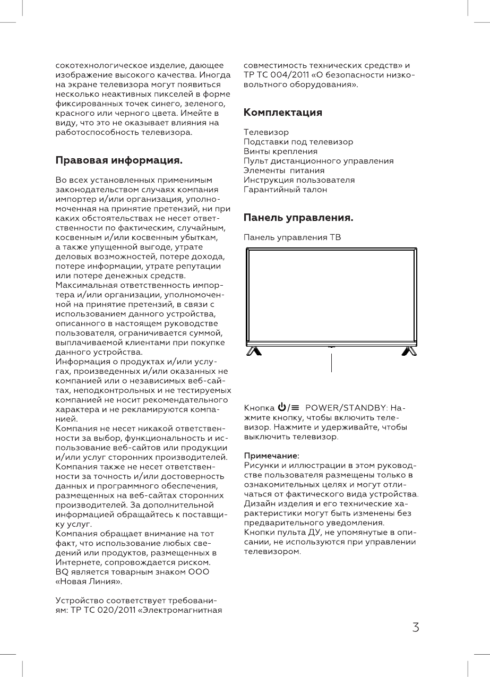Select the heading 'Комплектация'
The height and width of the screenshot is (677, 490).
pyautogui.click(x=282, y=113)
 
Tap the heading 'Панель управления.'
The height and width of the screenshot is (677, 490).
pyautogui.click(x=298, y=218)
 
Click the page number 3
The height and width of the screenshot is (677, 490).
pyautogui.click(x=416, y=628)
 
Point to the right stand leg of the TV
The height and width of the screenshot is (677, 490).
pyautogui.click(x=409, y=351)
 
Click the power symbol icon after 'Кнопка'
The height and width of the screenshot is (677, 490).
pyautogui.click(x=281, y=408)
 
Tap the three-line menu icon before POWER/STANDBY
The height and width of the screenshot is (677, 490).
pyautogui.click(x=295, y=408)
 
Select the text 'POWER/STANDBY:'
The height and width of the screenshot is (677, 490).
pyautogui.click(x=347, y=408)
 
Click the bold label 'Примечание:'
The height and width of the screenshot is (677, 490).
pyautogui.click(x=271, y=455)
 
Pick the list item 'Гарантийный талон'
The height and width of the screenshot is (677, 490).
pyautogui.click(x=285, y=189)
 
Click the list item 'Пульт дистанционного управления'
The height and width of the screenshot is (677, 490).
pyautogui.click(x=319, y=161)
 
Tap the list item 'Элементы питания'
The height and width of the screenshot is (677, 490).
pyautogui.click(x=284, y=170)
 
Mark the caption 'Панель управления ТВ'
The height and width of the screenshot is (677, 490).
pyautogui.click(x=292, y=237)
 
